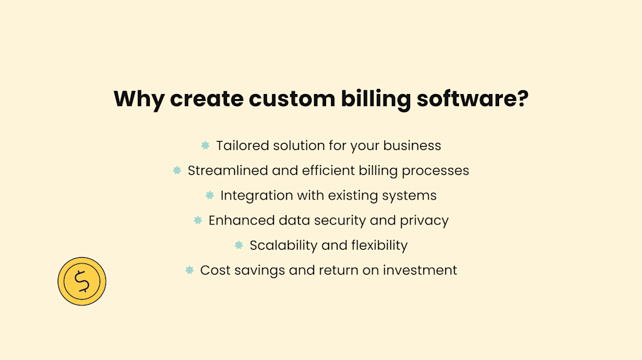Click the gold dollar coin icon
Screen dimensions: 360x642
pyautogui.click(x=82, y=282)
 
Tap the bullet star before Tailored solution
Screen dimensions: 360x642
pyautogui.click(x=205, y=146)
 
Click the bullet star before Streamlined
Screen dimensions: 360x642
pyautogui.click(x=177, y=171)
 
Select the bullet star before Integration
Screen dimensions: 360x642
pyautogui.click(x=209, y=195)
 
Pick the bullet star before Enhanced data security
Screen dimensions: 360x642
pyautogui.click(x=197, y=220)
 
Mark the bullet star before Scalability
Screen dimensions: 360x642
pyautogui.click(x=238, y=245)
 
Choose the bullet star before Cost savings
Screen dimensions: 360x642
pyautogui.click(x=189, y=270)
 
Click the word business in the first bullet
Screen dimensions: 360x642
pyautogui.click(x=413, y=146)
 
